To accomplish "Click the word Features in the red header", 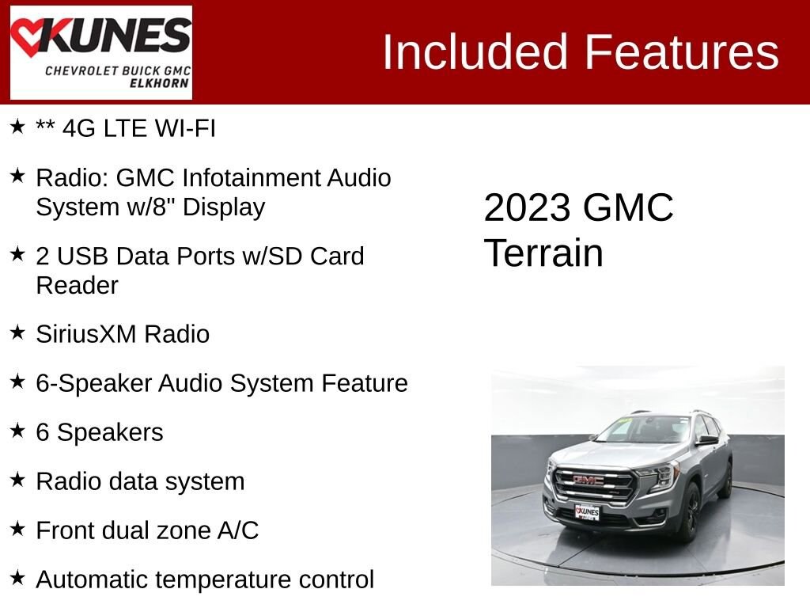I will click(683, 52).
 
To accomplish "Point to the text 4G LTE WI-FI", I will click(138, 128).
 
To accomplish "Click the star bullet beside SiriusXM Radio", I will click(17, 332).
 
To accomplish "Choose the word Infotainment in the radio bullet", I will click(252, 177).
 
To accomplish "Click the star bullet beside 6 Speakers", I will click(17, 431).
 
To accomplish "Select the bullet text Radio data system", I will click(140, 481).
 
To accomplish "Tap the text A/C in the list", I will click(238, 530).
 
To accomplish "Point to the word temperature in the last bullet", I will click(225, 579).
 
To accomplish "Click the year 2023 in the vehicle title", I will click(527, 208).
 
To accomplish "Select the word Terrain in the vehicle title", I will click(543, 253).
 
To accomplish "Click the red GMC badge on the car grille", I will click(589, 481).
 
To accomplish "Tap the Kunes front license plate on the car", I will click(587, 512).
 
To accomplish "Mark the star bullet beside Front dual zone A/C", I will click(17, 529).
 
